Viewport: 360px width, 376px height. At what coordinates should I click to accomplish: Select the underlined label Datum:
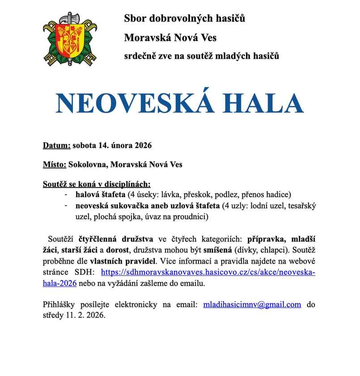(57, 145)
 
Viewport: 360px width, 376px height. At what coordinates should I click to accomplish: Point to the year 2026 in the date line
(143, 145)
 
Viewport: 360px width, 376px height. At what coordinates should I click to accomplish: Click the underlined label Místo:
(55, 165)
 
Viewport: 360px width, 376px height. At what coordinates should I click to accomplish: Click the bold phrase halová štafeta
(100, 195)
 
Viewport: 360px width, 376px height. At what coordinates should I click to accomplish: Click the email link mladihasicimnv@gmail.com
(252, 304)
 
